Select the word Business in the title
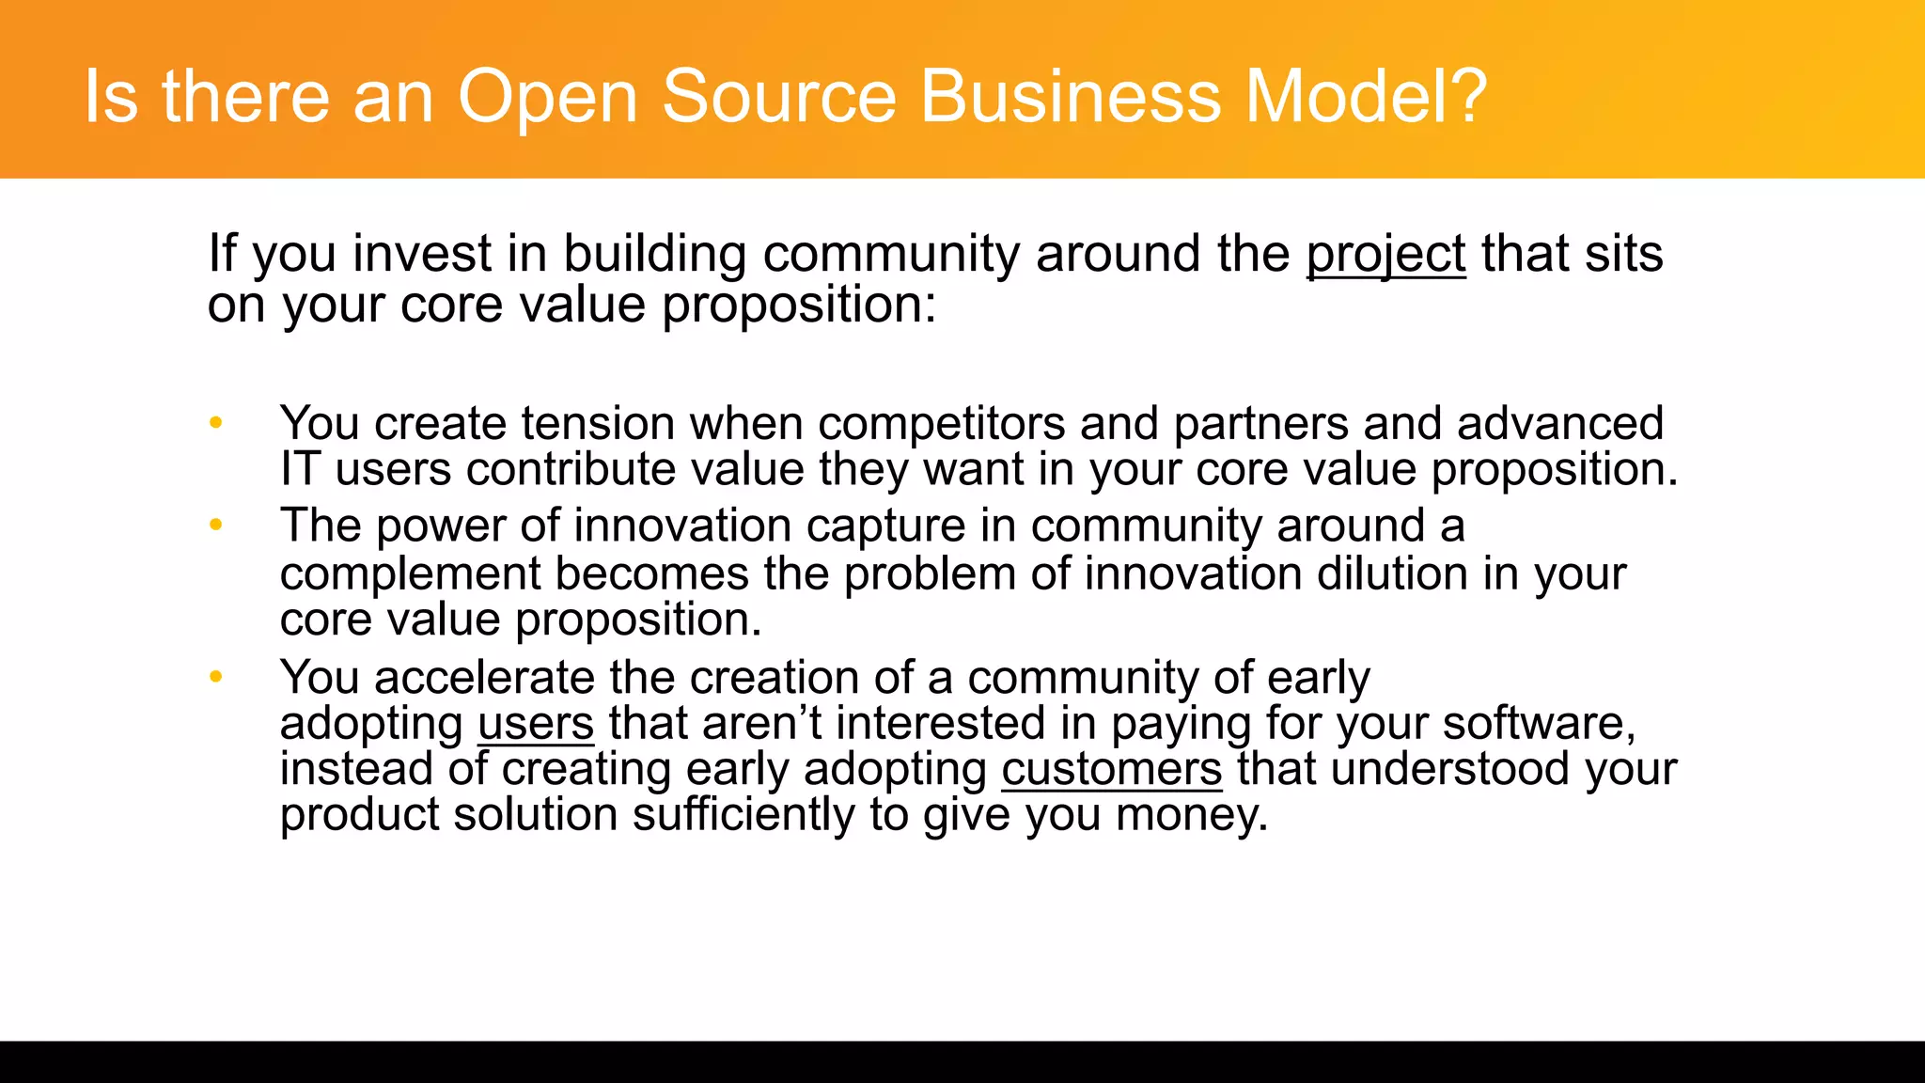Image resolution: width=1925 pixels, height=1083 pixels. coord(1071,96)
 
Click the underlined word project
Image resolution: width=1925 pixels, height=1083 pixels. coord(1385,255)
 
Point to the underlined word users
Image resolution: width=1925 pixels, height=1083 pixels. coord(536,724)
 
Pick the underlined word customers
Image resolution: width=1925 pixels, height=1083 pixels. coord(1111,769)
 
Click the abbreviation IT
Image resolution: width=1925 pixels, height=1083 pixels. coord(300,469)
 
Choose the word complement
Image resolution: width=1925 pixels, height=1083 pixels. coord(410,575)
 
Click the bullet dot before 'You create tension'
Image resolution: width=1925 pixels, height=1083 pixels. coord(216,423)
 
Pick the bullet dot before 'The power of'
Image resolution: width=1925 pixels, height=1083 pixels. coord(216,525)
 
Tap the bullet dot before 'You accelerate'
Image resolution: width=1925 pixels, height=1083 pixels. coord(216,677)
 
